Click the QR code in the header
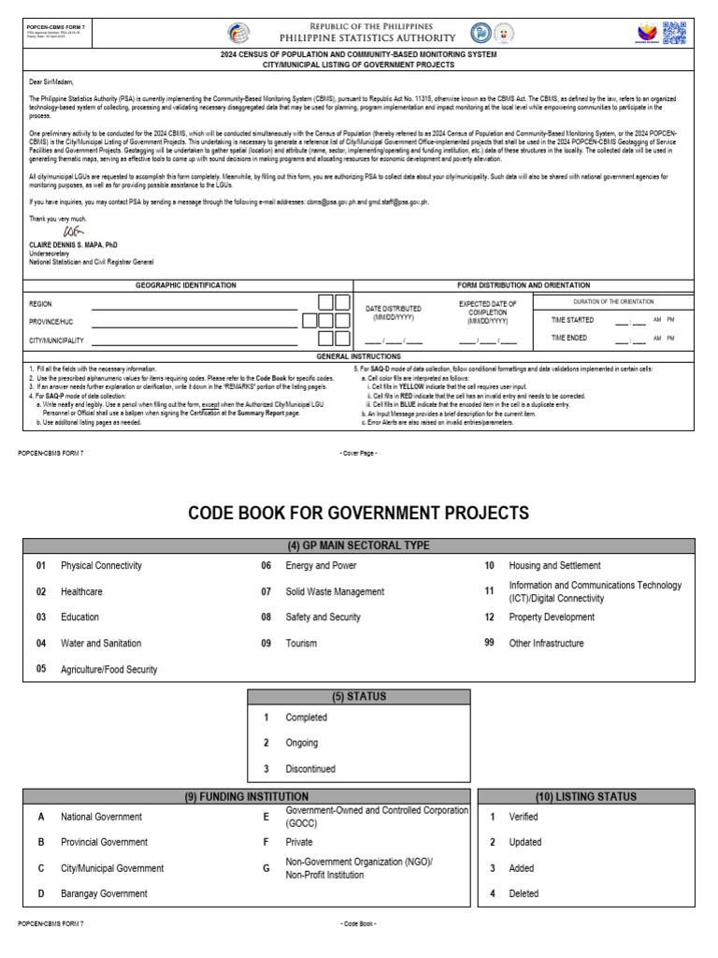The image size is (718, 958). (674, 32)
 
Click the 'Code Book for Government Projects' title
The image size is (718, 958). (359, 514)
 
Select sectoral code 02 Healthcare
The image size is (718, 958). (81, 591)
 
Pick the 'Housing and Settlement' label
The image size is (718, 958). (554, 566)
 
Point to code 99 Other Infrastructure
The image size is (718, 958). (546, 644)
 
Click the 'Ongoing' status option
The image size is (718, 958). (302, 743)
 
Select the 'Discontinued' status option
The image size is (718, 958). (310, 769)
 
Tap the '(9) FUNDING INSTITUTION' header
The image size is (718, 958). (247, 797)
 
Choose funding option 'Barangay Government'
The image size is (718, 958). (104, 893)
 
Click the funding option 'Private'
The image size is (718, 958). (299, 842)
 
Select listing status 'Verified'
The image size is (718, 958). (524, 817)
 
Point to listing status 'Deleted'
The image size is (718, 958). (524, 893)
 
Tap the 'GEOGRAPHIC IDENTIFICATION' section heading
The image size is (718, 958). (186, 284)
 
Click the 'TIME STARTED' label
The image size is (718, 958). (572, 320)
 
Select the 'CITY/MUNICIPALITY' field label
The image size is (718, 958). (56, 341)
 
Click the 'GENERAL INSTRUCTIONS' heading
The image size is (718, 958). (359, 356)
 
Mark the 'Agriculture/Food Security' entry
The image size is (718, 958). (108, 670)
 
